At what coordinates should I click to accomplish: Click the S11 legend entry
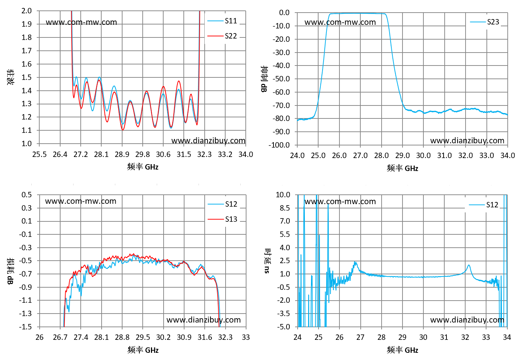point(222,21)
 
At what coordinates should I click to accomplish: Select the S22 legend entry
point(222,36)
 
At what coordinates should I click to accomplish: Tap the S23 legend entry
point(484,22)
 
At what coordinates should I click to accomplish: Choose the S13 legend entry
point(222,219)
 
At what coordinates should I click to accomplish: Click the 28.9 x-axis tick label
point(122,154)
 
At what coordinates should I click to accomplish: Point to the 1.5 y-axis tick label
point(27,77)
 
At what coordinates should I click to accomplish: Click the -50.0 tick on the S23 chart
point(281,79)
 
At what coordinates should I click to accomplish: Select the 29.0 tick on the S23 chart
point(402,156)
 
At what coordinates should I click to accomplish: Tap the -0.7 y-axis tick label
point(25,274)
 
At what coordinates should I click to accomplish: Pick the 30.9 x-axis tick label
point(184,337)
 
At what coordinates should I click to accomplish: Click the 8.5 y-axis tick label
point(285,208)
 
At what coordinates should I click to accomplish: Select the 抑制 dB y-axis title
point(264,79)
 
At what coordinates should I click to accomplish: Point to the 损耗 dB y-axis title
point(10,271)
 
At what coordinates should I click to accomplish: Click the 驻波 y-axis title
point(10,77)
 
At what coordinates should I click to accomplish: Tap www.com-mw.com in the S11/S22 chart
point(81,22)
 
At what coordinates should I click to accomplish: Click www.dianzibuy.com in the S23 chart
point(467,141)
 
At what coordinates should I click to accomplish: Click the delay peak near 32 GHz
point(468,265)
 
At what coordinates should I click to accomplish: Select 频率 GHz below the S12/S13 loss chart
point(143,350)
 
